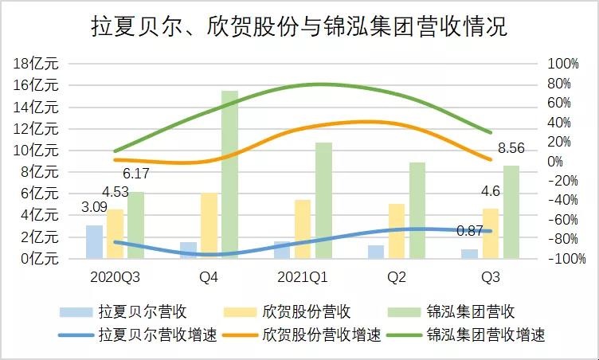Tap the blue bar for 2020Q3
(94, 241)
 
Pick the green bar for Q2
(417, 210)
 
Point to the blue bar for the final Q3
(470, 253)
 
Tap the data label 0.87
(470, 231)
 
